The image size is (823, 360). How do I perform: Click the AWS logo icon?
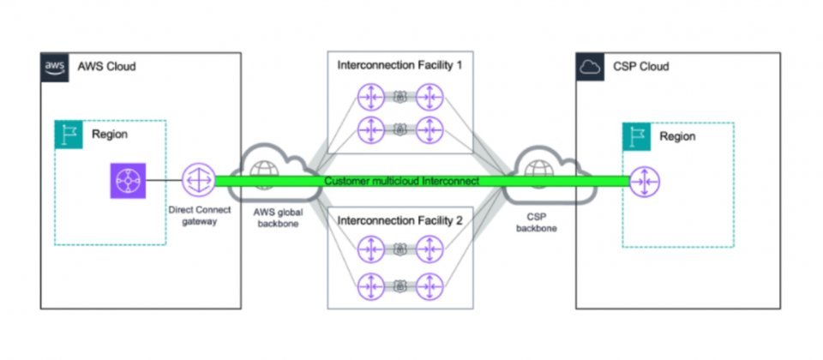point(54,66)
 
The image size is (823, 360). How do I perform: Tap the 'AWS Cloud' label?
point(106,66)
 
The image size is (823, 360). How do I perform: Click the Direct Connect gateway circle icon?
point(197,181)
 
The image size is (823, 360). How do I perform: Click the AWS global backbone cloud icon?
point(267,166)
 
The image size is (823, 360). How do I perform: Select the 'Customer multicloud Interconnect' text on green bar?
point(402,182)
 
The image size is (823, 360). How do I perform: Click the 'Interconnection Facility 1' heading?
point(400,66)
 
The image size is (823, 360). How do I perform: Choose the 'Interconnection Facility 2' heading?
point(400,220)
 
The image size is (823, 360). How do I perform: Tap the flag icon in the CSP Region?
point(635,135)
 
